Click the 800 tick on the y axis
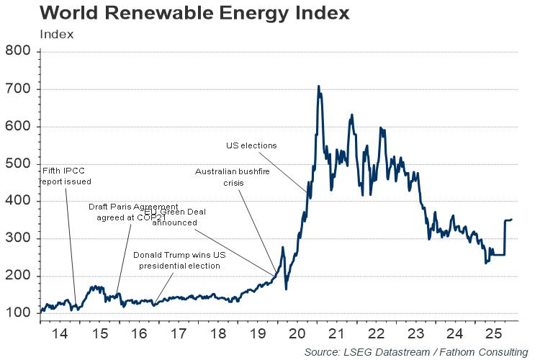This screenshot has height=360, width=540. point(18,52)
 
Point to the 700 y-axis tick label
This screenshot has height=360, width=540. point(18,89)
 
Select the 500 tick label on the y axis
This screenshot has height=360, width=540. point(18,164)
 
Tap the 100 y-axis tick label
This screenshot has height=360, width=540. point(18,314)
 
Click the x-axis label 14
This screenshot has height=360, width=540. point(60,334)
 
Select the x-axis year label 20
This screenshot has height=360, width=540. point(296,334)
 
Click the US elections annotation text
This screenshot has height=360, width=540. point(251,145)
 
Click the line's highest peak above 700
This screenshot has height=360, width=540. point(318,86)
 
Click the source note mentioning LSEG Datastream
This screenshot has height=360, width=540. point(415,351)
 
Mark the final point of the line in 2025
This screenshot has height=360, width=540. point(511,220)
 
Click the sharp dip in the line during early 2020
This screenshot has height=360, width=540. point(287,289)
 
